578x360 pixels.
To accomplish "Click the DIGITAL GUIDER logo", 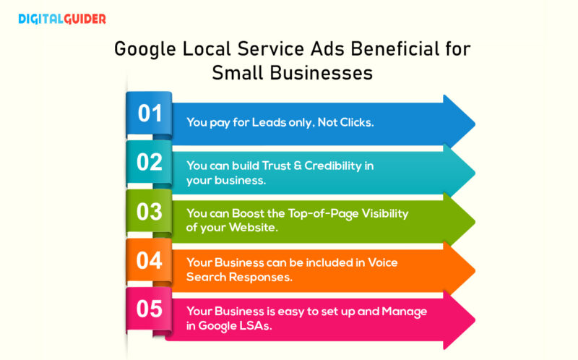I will click(x=61, y=19).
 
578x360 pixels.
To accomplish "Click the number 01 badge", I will click(x=150, y=113).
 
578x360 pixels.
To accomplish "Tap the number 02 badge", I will click(x=150, y=162).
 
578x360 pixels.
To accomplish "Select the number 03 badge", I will click(x=150, y=212).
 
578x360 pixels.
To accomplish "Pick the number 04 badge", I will click(x=150, y=260).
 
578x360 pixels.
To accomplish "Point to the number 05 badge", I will click(x=150, y=309).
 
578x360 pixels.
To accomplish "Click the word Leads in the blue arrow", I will click(x=269, y=122).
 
